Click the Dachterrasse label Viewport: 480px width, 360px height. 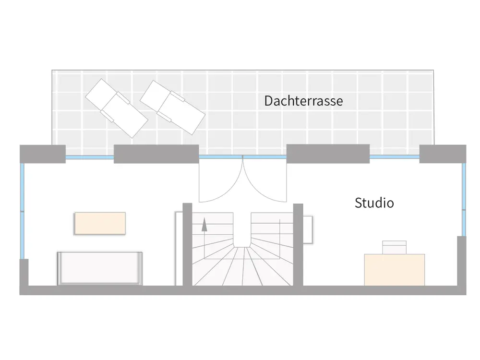(x=303, y=101)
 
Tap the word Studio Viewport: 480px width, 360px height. (x=374, y=203)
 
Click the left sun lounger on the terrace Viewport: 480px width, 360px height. (x=116, y=108)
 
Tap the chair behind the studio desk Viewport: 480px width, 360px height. (x=394, y=247)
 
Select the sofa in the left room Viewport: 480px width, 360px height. (x=100, y=268)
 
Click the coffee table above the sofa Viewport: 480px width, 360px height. (x=100, y=223)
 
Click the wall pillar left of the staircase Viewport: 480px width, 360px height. (x=187, y=245)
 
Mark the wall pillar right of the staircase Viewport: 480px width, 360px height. (x=298, y=245)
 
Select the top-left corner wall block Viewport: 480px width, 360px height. (x=42, y=154)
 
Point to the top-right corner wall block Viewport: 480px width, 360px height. (x=443, y=154)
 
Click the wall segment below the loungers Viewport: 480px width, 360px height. (x=156, y=154)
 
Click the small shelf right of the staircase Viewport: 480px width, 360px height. (x=308, y=229)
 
